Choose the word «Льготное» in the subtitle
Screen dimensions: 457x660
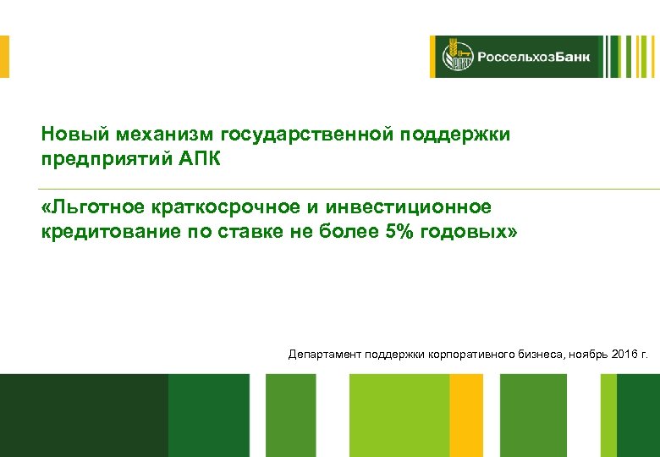(93, 207)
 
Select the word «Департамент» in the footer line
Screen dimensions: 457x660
(325, 353)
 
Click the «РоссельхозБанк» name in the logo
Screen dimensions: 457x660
(533, 58)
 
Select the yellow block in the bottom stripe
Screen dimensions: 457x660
(466, 415)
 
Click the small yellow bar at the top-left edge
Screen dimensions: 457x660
(4, 57)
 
